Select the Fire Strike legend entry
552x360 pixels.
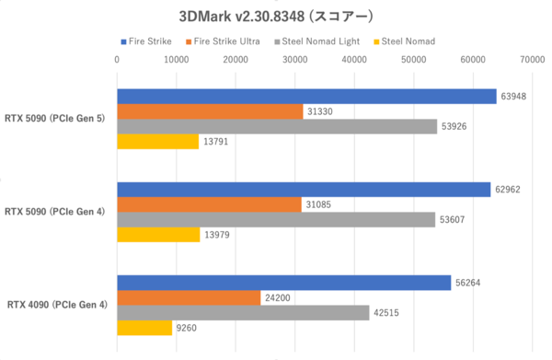point(147,41)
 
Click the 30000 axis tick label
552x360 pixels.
point(295,61)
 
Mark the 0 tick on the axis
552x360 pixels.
point(117,61)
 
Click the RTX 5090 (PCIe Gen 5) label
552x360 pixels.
point(55,119)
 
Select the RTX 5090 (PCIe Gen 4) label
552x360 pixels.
point(55,212)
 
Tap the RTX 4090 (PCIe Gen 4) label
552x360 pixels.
point(57,305)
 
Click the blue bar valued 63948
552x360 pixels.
point(305,97)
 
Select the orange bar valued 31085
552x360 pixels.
point(209,204)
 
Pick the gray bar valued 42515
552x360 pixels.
point(243,312)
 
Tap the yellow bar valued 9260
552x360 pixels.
point(144,328)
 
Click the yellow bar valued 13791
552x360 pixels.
point(157,142)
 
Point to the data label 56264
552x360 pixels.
point(466,283)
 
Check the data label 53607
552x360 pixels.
point(452,220)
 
